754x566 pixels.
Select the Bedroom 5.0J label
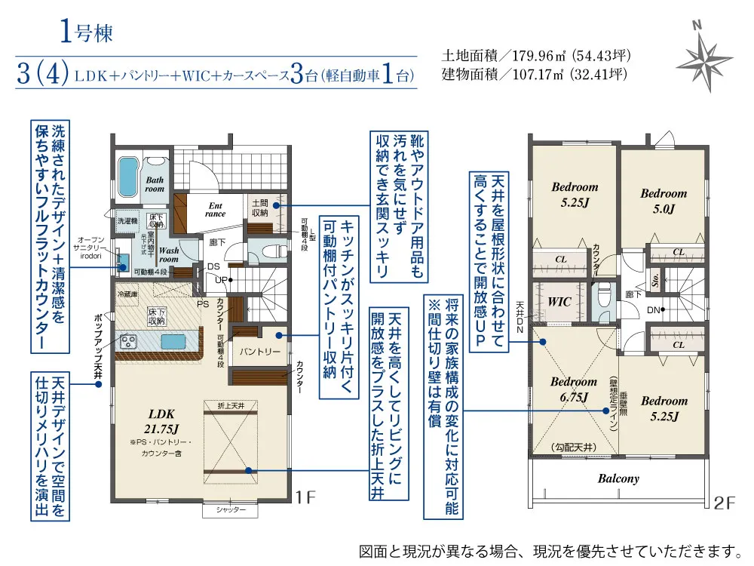tap(664, 201)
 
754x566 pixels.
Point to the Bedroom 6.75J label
tap(573, 389)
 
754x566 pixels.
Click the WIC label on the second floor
tap(559, 301)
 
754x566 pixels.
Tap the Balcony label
tap(618, 478)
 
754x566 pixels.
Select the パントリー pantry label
tap(260, 352)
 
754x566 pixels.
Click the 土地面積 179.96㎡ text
tap(535, 56)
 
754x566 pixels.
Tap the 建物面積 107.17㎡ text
tap(535, 74)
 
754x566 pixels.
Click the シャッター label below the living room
tap(231, 511)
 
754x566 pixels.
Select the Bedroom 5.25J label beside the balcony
tap(664, 408)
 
